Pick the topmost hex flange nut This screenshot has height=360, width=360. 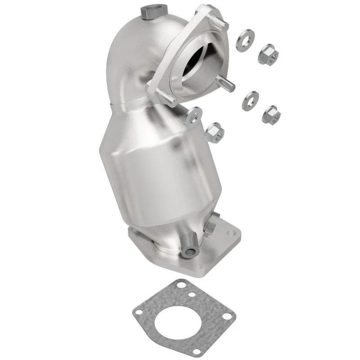click(x=269, y=54)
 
